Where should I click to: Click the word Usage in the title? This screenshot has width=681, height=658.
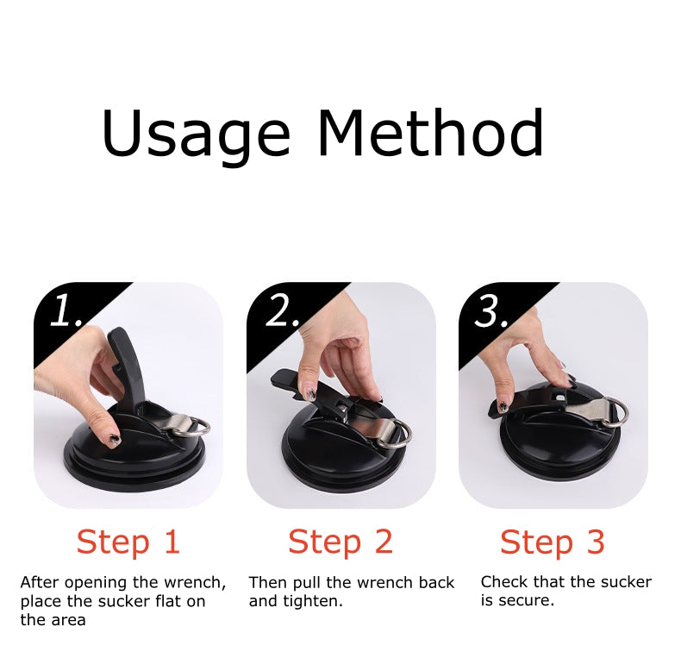pyautogui.click(x=196, y=135)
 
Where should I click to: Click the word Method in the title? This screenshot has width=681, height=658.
pyautogui.click(x=429, y=133)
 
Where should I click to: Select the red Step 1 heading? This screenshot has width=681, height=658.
pyautogui.click(x=128, y=542)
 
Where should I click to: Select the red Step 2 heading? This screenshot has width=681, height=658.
pyautogui.click(x=340, y=542)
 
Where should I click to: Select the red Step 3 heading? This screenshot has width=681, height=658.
pyautogui.click(x=553, y=542)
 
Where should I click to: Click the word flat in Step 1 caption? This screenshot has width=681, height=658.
pyautogui.click(x=163, y=601)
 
